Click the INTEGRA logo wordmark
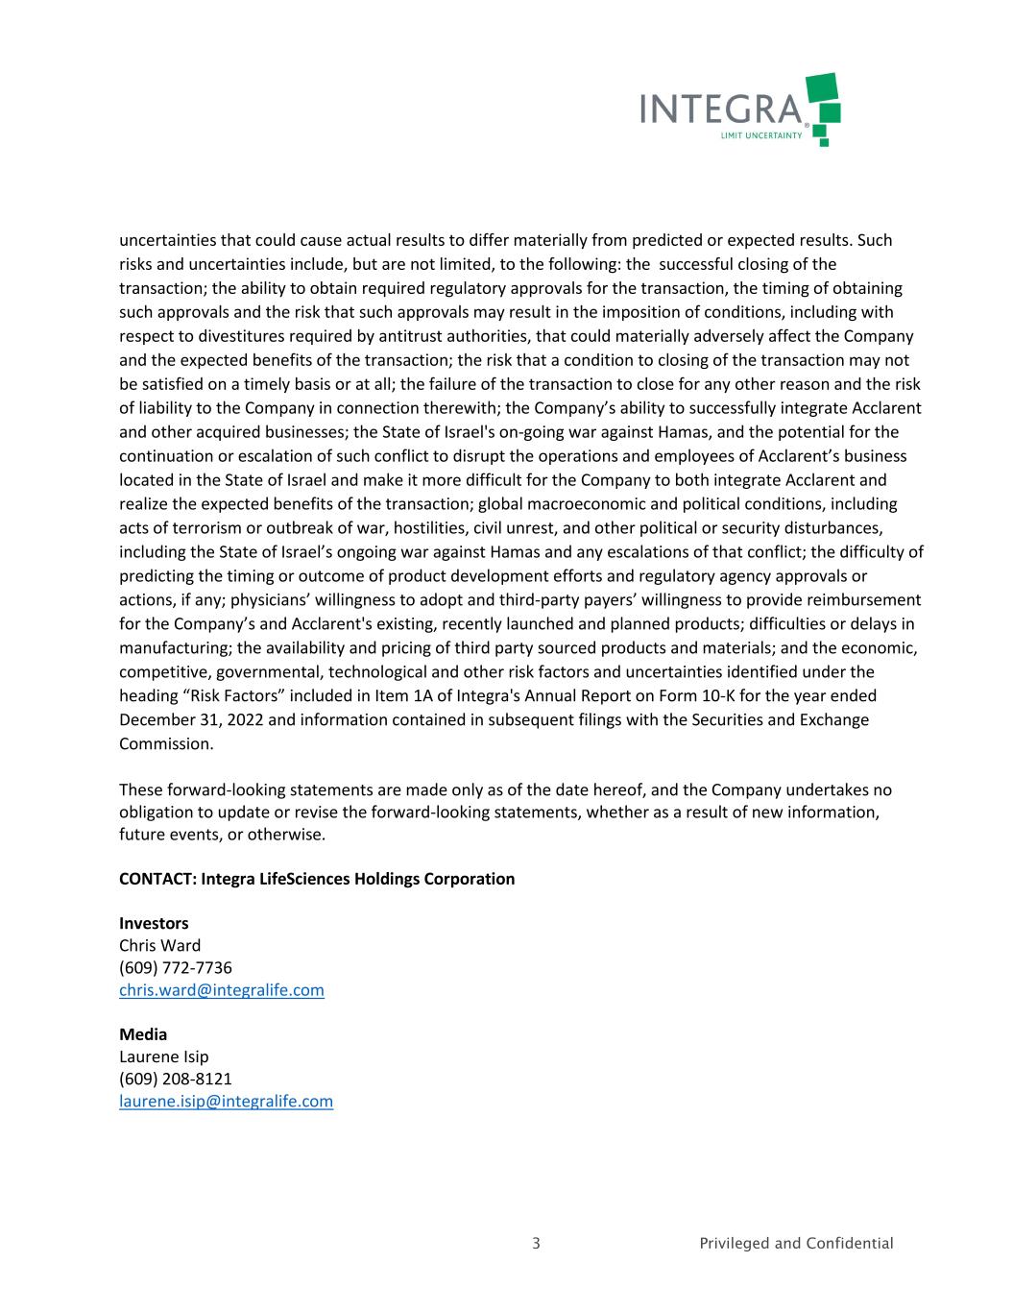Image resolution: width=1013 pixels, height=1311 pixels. tap(720, 109)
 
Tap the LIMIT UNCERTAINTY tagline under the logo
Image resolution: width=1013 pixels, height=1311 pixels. tap(760, 135)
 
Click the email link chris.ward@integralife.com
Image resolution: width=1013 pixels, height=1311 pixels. tap(221, 990)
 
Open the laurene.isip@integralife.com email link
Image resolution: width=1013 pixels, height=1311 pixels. tap(226, 1102)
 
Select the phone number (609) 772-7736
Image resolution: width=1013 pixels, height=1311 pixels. tap(176, 967)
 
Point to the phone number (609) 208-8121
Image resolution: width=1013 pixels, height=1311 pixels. tap(176, 1079)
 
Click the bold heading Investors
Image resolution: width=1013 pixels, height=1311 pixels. tap(154, 923)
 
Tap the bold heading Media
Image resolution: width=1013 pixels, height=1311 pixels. tap(143, 1034)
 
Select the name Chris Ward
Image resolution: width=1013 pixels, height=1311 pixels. tap(160, 945)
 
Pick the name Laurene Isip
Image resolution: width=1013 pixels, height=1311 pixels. tap(163, 1056)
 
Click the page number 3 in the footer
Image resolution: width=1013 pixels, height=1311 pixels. tap(536, 1244)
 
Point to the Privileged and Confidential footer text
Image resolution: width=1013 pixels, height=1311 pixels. tap(796, 1244)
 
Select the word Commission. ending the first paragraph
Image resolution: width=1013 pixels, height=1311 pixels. tap(166, 743)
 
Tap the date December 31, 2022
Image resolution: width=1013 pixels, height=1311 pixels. tap(192, 719)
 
